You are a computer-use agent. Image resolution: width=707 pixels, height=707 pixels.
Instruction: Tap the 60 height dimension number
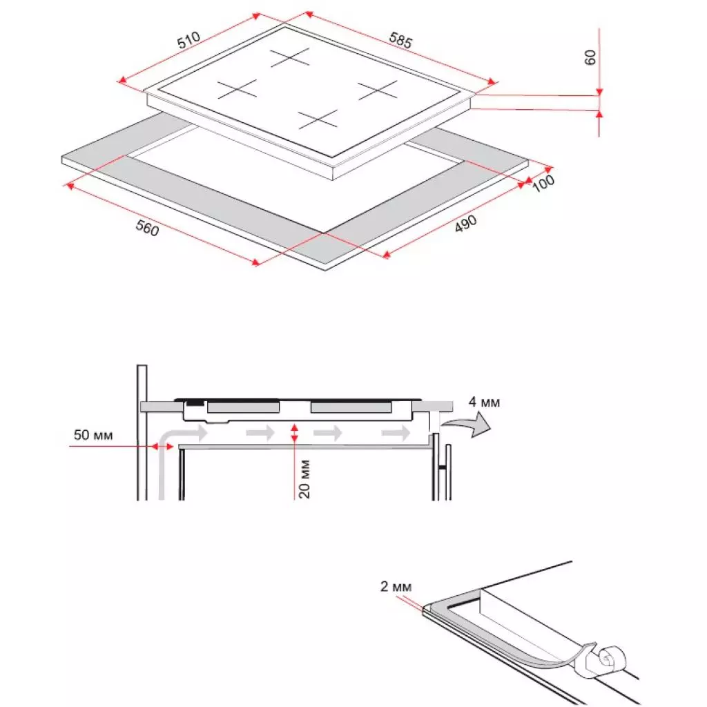coord(590,57)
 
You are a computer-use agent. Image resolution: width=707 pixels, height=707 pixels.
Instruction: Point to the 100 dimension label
coord(544,183)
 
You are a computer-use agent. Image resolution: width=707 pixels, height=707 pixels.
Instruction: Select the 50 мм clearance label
coord(94,436)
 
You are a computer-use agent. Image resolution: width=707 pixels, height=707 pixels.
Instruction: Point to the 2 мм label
coord(396,587)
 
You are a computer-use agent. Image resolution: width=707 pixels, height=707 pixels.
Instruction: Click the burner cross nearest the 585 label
coord(377,89)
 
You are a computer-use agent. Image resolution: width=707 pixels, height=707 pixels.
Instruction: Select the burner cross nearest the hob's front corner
coord(318,119)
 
